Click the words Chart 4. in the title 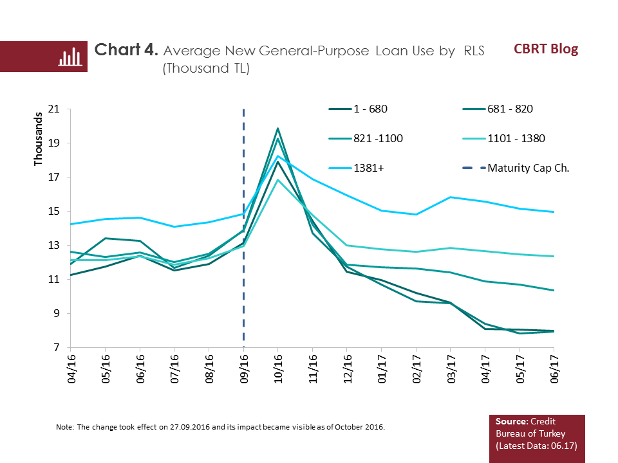126,51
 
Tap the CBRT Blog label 546,49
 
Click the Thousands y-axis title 37,140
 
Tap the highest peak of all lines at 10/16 277,129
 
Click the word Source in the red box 510,421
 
